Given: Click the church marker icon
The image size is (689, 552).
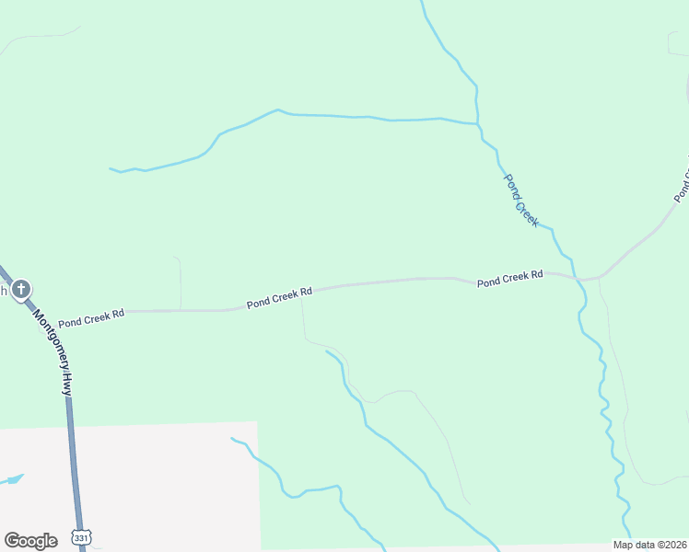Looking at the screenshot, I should click(21, 291).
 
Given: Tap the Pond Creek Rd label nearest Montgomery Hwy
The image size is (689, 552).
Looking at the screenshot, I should click(91, 319).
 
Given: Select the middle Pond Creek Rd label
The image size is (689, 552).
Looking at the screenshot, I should click(279, 296).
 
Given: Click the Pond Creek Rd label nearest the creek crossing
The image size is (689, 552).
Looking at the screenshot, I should click(510, 279).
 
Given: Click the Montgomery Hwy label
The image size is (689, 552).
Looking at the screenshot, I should click(52, 351).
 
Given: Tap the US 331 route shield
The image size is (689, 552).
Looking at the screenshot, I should click(83, 536).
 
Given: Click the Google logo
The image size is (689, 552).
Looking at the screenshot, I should click(30, 540).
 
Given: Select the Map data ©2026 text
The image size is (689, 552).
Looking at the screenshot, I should click(649, 545).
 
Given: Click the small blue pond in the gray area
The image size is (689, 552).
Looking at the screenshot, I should click(12, 480).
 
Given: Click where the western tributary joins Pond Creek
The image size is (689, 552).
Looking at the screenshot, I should click(478, 123).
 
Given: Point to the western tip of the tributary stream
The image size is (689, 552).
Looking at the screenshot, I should click(111, 169).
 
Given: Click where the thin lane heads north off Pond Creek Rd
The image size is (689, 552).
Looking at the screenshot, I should click(181, 310).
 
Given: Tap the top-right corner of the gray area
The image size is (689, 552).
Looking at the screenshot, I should click(257, 422).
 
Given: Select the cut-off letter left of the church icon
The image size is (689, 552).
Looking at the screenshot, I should click(4, 291).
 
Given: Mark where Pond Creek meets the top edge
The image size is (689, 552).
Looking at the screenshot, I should click(422, 2).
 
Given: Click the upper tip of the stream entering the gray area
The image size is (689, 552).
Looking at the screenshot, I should click(232, 439).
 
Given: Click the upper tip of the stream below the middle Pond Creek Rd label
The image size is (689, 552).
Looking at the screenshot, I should click(327, 351).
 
